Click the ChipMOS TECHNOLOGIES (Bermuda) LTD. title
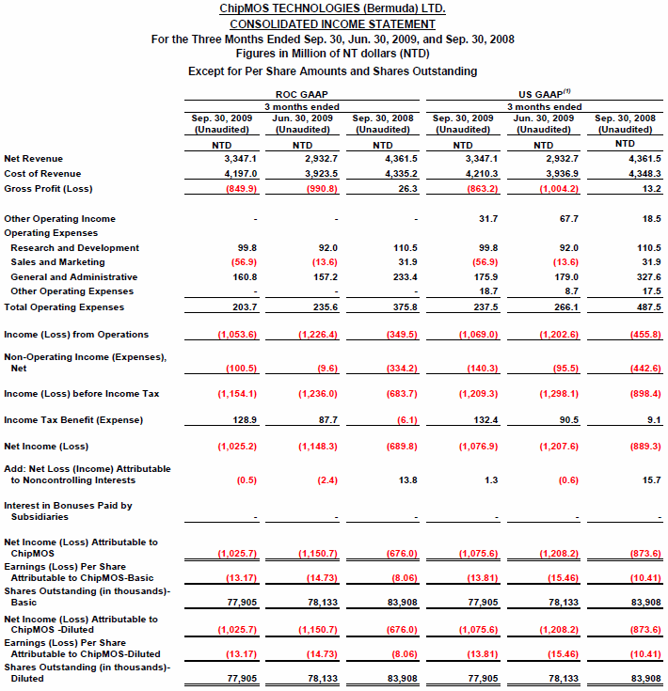pos(332,8)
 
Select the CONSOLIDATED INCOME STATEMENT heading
pos(332,24)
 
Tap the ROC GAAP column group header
pos(301,94)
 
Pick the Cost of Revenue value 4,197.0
pos(228,174)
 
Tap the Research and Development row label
pos(74,248)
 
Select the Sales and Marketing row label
pos(58,262)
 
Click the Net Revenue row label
pos(33,159)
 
